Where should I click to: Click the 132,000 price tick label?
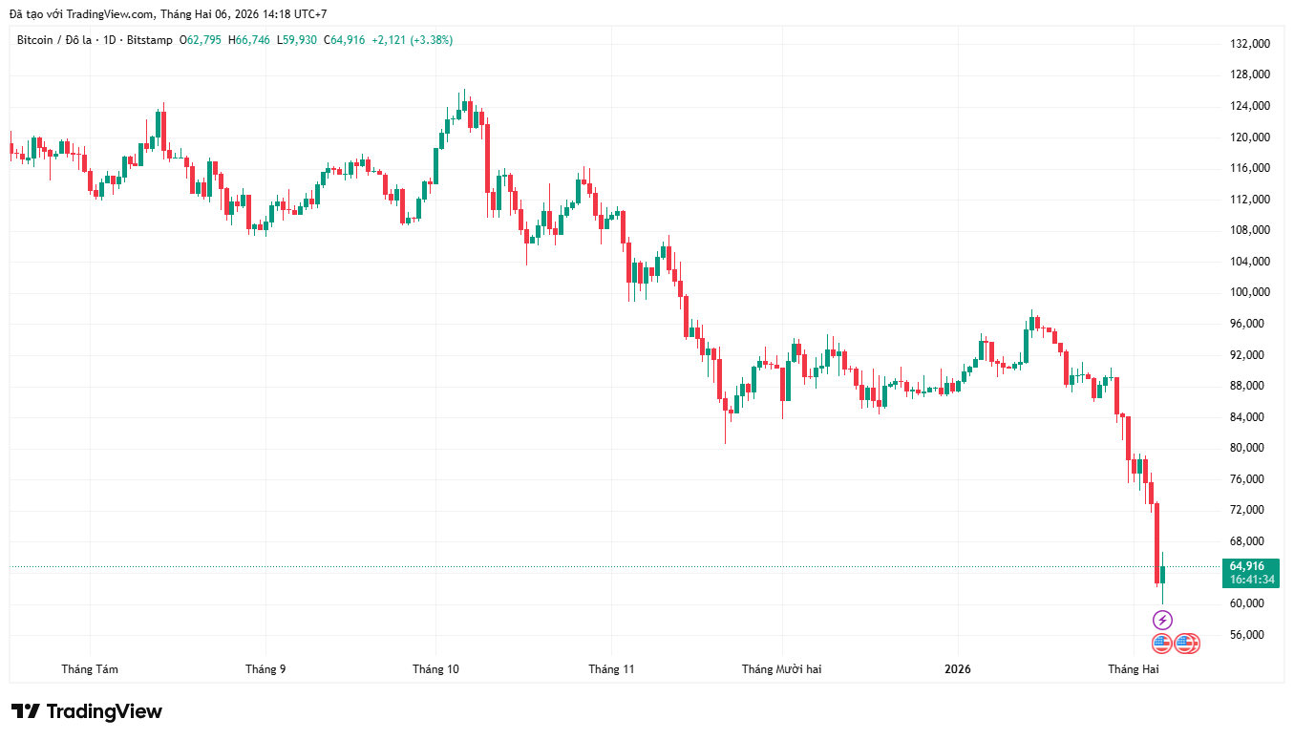pyautogui.click(x=1249, y=44)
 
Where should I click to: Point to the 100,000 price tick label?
pyautogui.click(x=1249, y=292)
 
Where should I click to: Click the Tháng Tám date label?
pyautogui.click(x=90, y=669)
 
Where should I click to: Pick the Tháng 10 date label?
pyautogui.click(x=435, y=669)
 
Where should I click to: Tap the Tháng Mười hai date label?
pyautogui.click(x=781, y=669)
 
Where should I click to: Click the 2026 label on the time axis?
pyautogui.click(x=957, y=669)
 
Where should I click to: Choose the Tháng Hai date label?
pyautogui.click(x=1133, y=669)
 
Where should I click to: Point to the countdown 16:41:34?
pyautogui.click(x=1252, y=580)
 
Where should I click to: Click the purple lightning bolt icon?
pyautogui.click(x=1162, y=620)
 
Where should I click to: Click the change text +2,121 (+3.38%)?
pyautogui.click(x=412, y=40)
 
